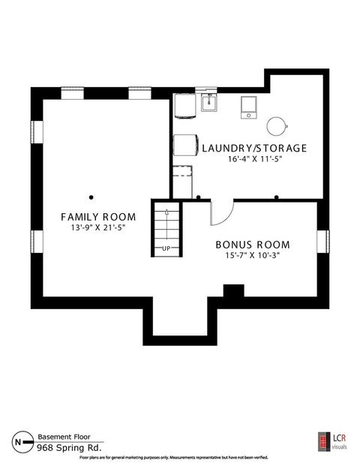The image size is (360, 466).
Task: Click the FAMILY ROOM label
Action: click(98, 217)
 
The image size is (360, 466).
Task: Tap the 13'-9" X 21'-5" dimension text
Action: click(98, 228)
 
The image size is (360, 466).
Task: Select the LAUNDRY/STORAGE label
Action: click(254, 148)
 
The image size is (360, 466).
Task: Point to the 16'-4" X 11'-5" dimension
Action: click(254, 159)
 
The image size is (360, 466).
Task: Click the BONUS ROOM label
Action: click(253, 245)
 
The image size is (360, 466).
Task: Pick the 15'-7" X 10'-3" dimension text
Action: click(253, 255)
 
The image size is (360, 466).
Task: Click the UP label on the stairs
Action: click(166, 248)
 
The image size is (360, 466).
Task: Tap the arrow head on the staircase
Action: click(166, 212)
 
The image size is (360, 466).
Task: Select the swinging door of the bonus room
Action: click(222, 213)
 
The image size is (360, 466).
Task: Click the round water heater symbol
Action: click(277, 126)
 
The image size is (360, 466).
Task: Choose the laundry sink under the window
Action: click(208, 102)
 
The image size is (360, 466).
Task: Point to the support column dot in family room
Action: click(91, 197)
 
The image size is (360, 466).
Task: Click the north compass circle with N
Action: click(22, 442)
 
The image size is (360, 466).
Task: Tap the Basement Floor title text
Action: click(64, 437)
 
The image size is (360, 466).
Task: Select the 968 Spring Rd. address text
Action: click(69, 447)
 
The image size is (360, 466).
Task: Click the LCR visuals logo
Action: click(333, 442)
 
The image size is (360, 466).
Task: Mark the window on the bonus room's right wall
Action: click(323, 242)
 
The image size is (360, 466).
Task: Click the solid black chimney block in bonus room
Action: click(234, 290)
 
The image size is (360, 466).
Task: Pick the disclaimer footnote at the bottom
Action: click(174, 458)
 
